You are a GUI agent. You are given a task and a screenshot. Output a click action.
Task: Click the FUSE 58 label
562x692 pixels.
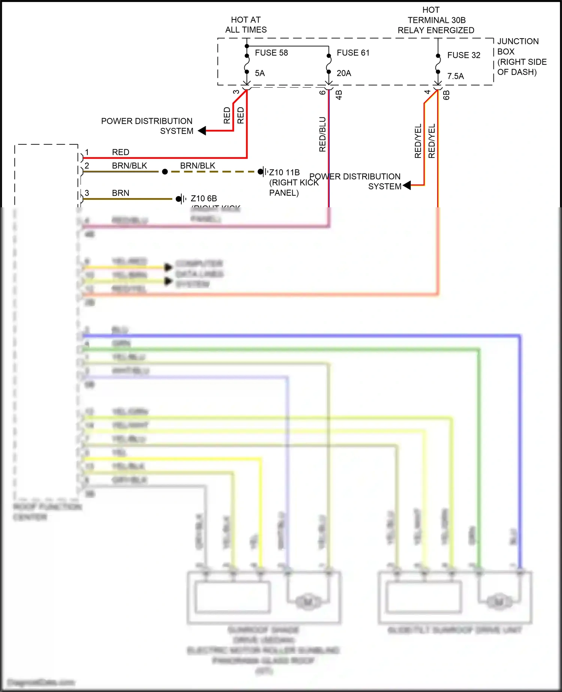pyautogui.click(x=271, y=53)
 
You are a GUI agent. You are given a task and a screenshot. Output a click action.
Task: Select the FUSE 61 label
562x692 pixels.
pyautogui.click(x=353, y=53)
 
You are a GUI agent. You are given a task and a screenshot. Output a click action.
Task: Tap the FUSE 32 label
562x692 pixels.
pyautogui.click(x=463, y=55)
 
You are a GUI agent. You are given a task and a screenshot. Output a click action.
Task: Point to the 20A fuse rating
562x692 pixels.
pyautogui.click(x=344, y=73)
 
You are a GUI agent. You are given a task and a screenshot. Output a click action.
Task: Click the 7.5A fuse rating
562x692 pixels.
pyautogui.click(x=455, y=76)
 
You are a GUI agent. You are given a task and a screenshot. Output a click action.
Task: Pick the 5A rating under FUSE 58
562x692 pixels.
pyautogui.click(x=260, y=73)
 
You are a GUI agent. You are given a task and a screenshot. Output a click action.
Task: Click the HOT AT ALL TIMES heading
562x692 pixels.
pyautogui.click(x=246, y=25)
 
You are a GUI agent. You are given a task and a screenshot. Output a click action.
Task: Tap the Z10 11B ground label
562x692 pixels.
pyautogui.click(x=284, y=172)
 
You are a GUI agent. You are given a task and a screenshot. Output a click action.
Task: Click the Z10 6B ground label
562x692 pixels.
pyautogui.click(x=204, y=199)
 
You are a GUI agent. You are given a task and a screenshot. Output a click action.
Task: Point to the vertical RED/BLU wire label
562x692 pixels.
pyautogui.click(x=323, y=134)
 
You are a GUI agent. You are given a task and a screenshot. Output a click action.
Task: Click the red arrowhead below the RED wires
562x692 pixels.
pyautogui.click(x=202, y=131)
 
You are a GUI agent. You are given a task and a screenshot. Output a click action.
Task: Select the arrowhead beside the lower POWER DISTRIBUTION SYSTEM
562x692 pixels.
pyautogui.click(x=407, y=185)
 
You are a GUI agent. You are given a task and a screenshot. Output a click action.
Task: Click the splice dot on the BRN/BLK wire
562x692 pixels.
pyautogui.click(x=165, y=172)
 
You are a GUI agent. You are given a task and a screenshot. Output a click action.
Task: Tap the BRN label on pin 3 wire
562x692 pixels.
pyautogui.click(x=120, y=193)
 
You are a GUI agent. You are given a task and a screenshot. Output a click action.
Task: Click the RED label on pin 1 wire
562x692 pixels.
pyautogui.click(x=120, y=152)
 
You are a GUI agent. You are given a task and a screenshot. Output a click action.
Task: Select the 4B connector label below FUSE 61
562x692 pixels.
pyautogui.click(x=339, y=95)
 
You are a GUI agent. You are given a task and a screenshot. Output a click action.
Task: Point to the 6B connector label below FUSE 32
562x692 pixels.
pyautogui.click(x=446, y=95)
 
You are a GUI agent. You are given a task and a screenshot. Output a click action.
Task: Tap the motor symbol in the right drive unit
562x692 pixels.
pyautogui.click(x=499, y=602)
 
